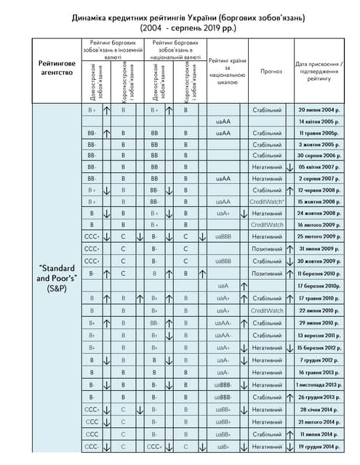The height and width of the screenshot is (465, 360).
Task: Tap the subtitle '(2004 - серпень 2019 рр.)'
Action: [x=180, y=28]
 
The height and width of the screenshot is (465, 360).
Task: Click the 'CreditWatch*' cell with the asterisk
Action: [x=266, y=201]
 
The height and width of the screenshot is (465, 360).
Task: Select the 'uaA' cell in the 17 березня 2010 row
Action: [x=224, y=286]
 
